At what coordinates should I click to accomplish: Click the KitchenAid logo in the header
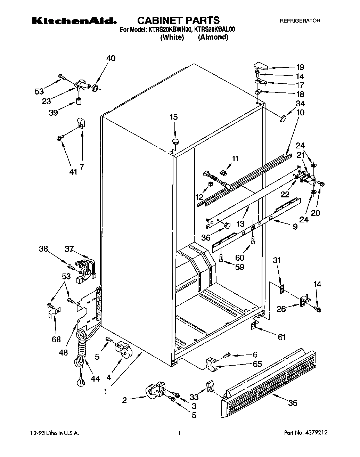pos(74,21)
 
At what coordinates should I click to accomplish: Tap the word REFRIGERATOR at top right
pos(300,21)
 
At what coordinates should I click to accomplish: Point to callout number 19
pos(300,67)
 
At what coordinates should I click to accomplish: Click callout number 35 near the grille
pos(293,403)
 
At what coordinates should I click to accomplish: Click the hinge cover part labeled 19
pos(260,65)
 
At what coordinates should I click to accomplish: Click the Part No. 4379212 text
pos(306,433)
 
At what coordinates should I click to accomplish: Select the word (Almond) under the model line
pos(213,38)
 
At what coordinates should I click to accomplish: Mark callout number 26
pos(281,308)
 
